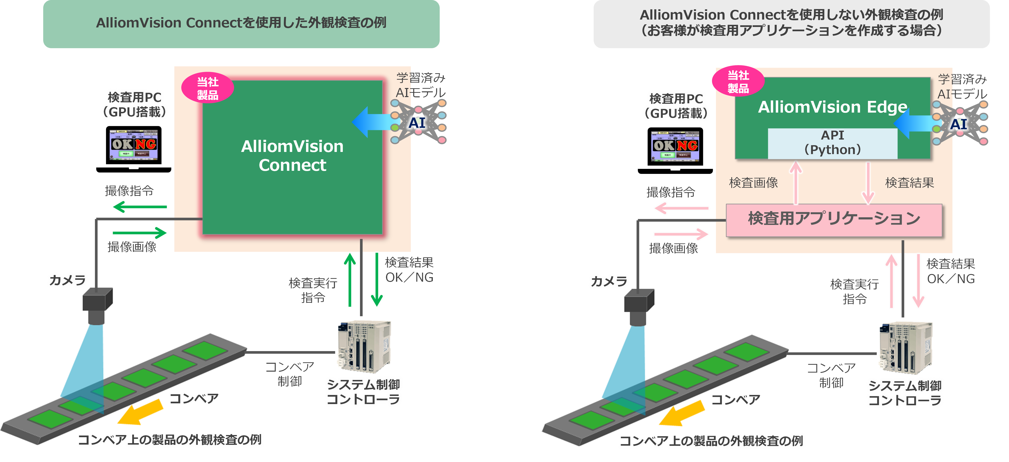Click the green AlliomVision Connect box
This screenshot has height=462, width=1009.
[x=292, y=157]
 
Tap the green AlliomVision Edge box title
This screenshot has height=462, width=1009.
[x=832, y=107]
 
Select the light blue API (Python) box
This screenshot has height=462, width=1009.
[x=832, y=143]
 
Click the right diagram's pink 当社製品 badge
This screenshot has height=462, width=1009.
[x=738, y=81]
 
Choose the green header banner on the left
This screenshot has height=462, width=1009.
[x=241, y=23]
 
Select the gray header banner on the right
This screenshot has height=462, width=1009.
[x=791, y=23]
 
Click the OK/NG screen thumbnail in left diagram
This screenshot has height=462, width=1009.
[x=134, y=145]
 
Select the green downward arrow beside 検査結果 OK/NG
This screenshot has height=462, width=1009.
[x=377, y=280]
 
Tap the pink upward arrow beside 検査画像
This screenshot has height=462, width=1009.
[x=796, y=183]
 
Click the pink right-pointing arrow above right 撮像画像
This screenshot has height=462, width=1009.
[x=681, y=234]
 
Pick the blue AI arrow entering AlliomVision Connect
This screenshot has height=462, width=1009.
[x=372, y=122]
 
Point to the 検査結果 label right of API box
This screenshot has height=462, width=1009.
[x=909, y=183]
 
